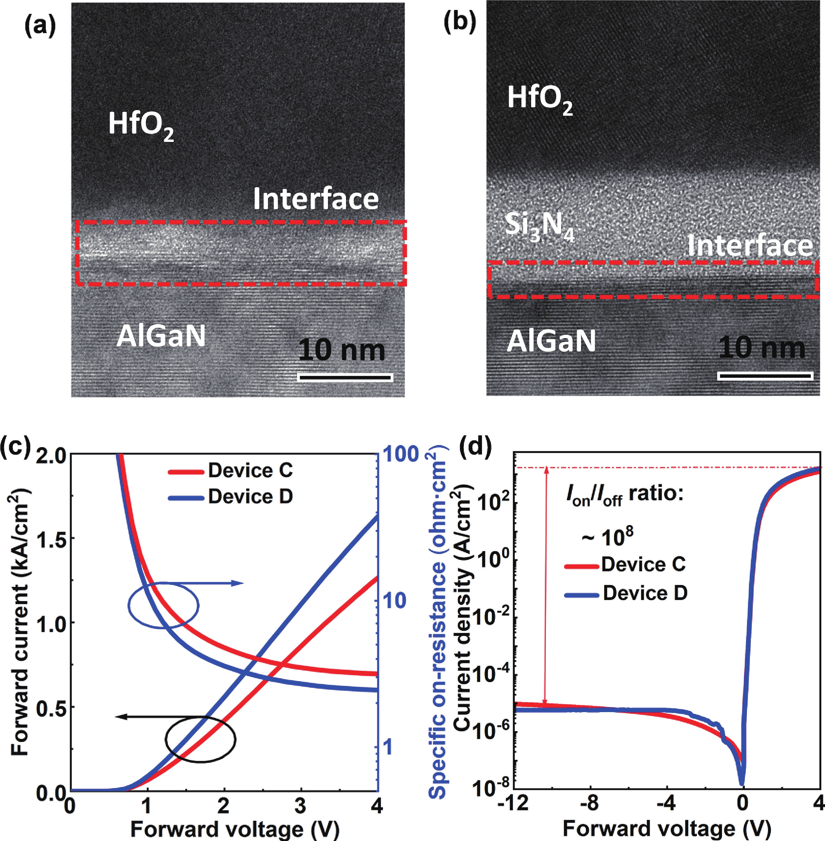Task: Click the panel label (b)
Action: click(x=460, y=23)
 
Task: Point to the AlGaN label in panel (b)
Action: click(x=551, y=341)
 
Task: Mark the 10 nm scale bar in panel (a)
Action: click(x=345, y=378)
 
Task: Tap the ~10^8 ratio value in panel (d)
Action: click(x=607, y=537)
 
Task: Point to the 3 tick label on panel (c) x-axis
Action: click(x=300, y=806)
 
